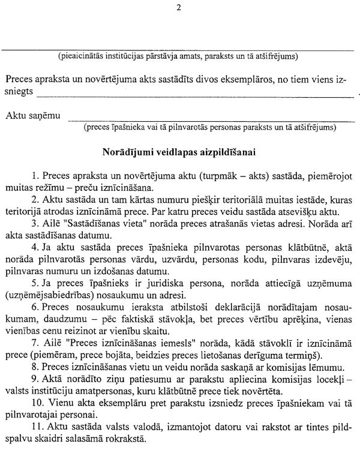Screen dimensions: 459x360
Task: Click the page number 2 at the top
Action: pyautogui.click(x=179, y=7)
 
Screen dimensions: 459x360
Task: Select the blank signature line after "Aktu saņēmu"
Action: pyautogui.click(x=210, y=119)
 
